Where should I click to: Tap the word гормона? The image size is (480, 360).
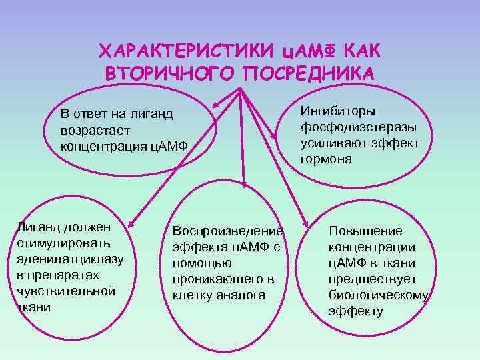326,159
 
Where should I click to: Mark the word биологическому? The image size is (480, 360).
379,295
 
